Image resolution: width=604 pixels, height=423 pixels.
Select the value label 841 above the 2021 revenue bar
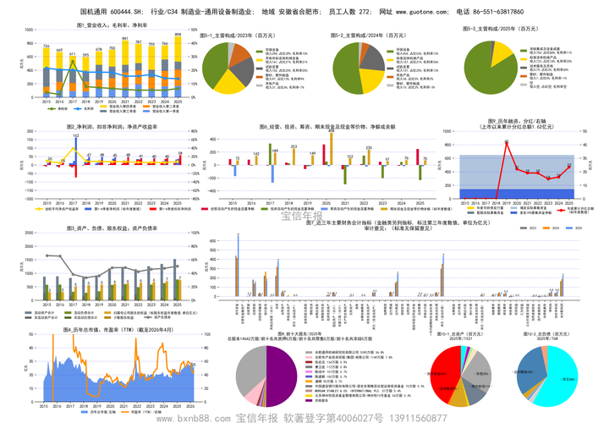(x=125, y=39)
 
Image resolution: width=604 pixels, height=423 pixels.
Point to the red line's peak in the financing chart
(x=506, y=142)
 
